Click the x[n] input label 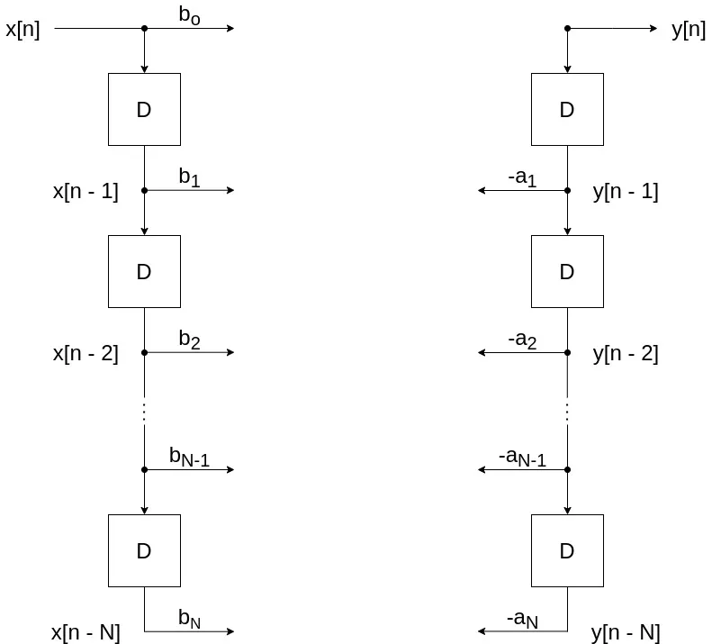(x=23, y=29)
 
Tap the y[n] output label (x=689, y=30)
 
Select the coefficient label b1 (x=189, y=177)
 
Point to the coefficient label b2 (x=189, y=340)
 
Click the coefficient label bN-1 (x=189, y=457)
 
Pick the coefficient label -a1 (x=522, y=178)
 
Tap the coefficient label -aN (x=522, y=620)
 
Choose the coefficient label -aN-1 (x=522, y=458)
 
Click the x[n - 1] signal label (x=86, y=191)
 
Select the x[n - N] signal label (x=86, y=633)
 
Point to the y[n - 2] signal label (x=626, y=354)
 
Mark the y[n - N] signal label (x=626, y=633)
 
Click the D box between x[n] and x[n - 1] (x=144, y=110)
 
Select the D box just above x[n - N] (x=144, y=551)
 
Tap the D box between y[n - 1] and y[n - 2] (x=567, y=272)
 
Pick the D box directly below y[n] (x=567, y=110)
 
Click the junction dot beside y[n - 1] (x=567, y=191)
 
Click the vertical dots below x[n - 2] (x=144, y=411)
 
